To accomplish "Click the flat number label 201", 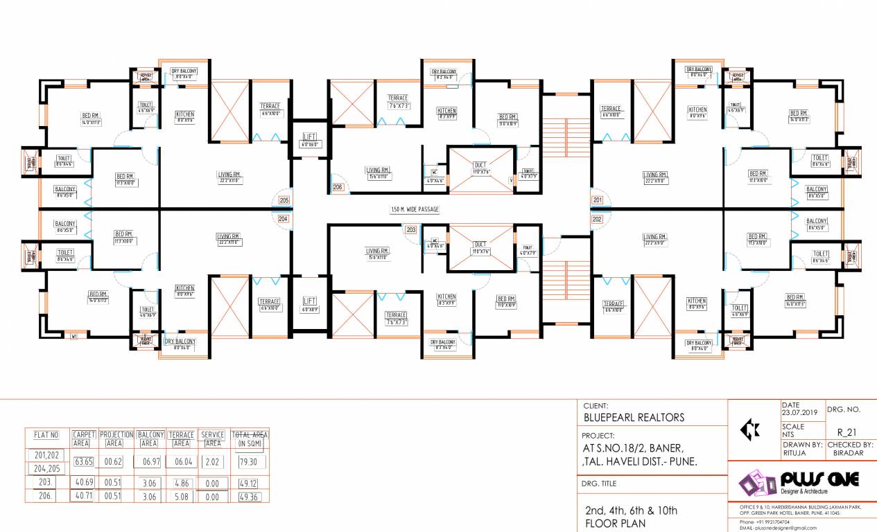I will click(x=598, y=200).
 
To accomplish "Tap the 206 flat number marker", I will click(x=338, y=187).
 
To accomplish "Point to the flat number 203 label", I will click(x=410, y=230).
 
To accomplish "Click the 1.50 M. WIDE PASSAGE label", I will click(x=415, y=209).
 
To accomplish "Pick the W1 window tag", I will click(x=74, y=337).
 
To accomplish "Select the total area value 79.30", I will click(x=249, y=461).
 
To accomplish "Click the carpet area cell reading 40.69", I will click(x=84, y=482).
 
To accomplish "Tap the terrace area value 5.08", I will click(x=181, y=497).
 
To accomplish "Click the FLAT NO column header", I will click(x=46, y=436).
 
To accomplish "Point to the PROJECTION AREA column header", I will click(x=116, y=438).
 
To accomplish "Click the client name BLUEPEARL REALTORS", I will click(x=633, y=417).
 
